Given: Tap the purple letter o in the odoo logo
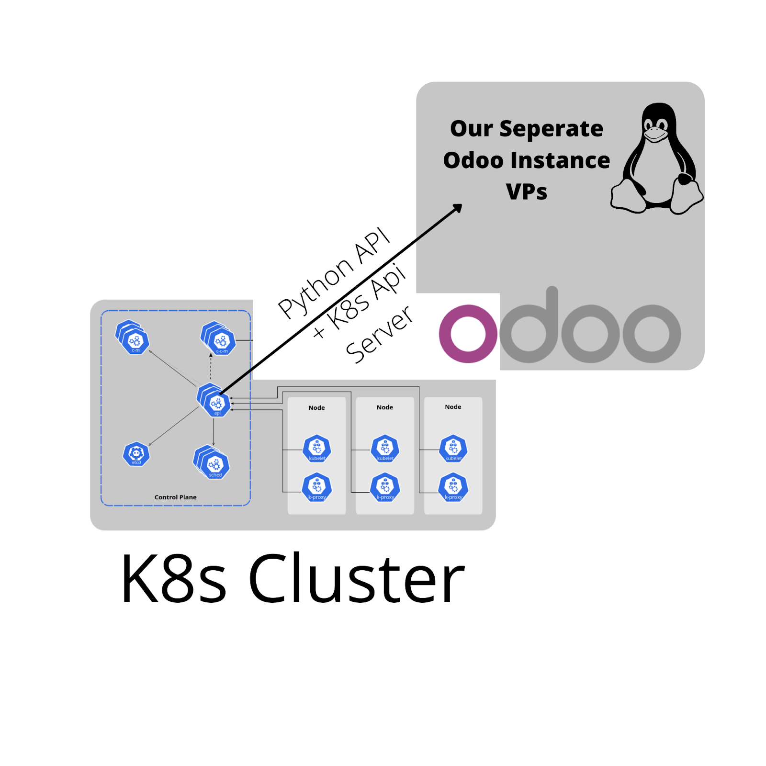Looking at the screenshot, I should (x=468, y=334).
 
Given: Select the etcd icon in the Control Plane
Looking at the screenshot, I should (x=136, y=454).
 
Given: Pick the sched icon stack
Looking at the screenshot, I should (x=212, y=462).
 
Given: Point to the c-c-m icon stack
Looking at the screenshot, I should (x=219, y=338).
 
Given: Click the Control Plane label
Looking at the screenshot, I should (x=175, y=497).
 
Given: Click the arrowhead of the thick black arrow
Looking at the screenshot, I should (x=458, y=208).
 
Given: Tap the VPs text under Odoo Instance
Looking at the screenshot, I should (x=526, y=191).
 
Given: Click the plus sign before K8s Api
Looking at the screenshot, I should (x=319, y=332).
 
